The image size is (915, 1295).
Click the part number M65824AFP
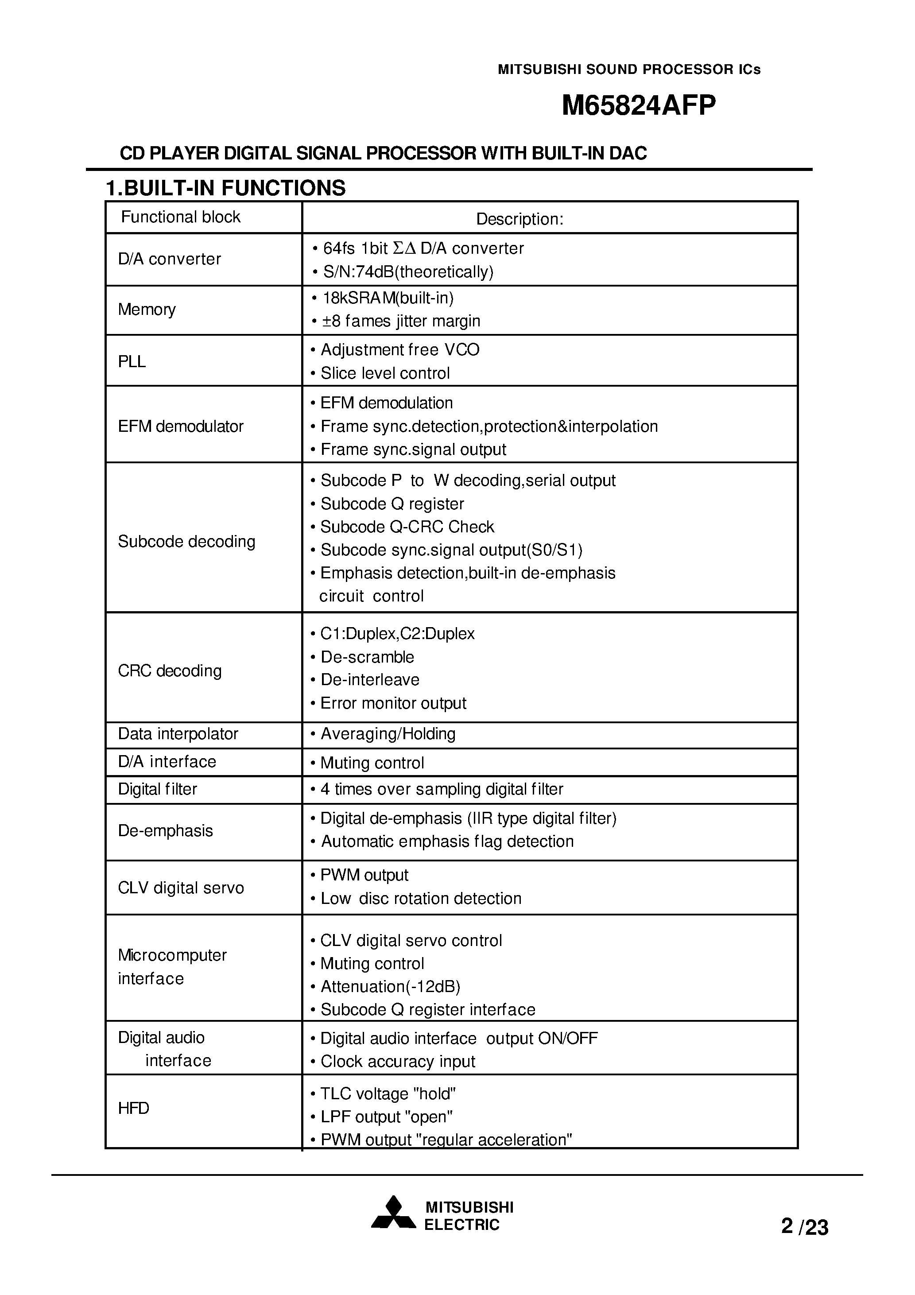point(639,105)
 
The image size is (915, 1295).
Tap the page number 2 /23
point(804,1227)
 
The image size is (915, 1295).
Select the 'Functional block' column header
point(181,217)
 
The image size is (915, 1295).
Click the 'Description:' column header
point(520,219)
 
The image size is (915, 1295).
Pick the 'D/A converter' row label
point(169,259)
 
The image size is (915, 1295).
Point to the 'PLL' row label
point(132,361)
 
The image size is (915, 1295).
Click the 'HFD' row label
point(134,1108)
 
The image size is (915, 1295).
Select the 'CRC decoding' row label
point(170,671)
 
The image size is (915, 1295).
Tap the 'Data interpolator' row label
point(178,734)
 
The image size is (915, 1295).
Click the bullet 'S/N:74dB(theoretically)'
point(407,272)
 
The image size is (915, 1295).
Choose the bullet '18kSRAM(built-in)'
point(388,298)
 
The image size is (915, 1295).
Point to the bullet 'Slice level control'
point(385,373)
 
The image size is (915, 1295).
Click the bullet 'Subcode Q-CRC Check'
point(407,527)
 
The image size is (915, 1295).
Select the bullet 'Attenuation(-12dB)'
point(390,986)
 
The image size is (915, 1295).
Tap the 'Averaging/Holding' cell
point(388,734)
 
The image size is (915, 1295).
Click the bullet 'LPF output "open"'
point(386,1117)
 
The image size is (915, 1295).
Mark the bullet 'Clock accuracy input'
point(398,1062)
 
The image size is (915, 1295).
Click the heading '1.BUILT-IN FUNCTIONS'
point(225,188)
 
